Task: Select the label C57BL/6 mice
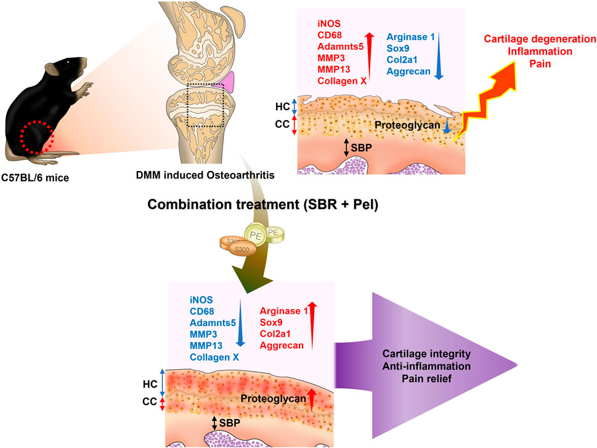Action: [x=36, y=181]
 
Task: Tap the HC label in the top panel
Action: [x=283, y=106]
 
